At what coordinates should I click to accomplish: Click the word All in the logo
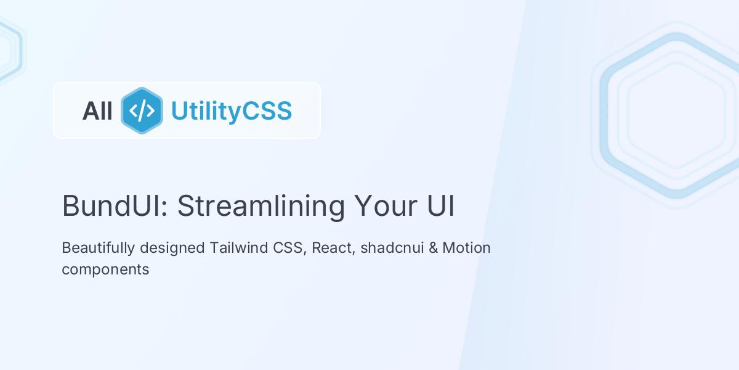click(x=97, y=111)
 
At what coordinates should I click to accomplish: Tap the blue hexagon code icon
click(x=142, y=111)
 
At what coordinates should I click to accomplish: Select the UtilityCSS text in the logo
click(x=231, y=111)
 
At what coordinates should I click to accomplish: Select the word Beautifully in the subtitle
click(x=98, y=248)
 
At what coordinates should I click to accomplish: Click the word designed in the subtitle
click(x=172, y=248)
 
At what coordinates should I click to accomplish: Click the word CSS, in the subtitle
click(x=290, y=248)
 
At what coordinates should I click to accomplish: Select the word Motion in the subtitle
click(x=467, y=248)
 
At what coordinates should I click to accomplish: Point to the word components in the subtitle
click(x=105, y=269)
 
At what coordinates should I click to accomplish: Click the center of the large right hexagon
click(x=676, y=115)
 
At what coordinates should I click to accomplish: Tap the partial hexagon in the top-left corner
click(x=9, y=49)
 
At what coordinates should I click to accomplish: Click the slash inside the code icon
click(x=142, y=111)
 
